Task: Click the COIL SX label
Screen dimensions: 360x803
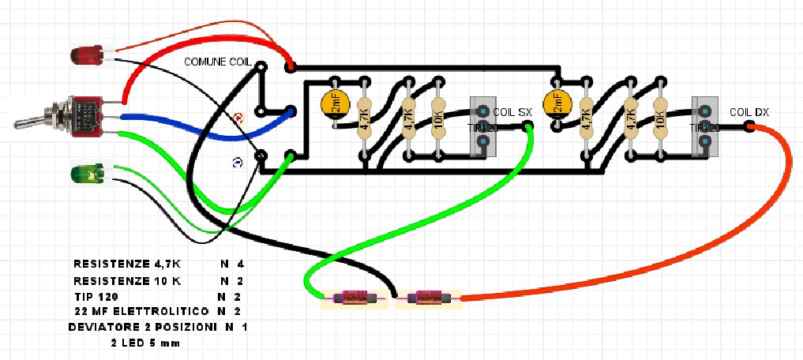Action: coord(513,112)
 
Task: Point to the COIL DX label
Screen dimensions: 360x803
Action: coord(749,112)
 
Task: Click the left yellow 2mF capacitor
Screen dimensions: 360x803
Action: coord(334,103)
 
